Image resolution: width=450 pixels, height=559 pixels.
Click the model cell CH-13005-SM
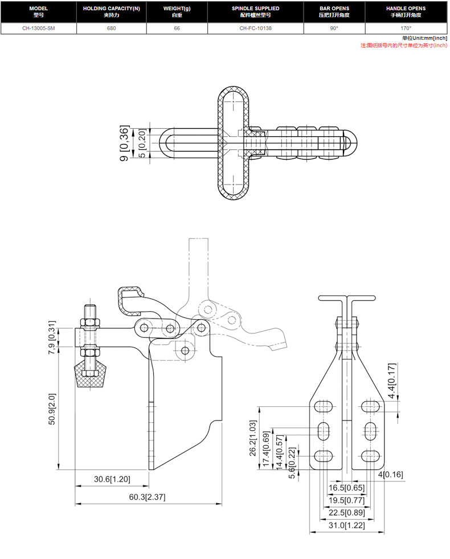tap(39, 28)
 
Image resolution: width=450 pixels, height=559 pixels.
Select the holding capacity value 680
tap(111, 28)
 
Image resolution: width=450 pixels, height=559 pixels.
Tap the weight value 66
tap(177, 28)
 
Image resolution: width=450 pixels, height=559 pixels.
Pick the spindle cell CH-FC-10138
tap(255, 28)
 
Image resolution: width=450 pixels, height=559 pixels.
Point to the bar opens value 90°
tap(334, 28)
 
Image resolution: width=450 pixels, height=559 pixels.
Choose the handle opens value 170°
tap(406, 28)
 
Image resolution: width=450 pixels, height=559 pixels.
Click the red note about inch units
tap(404, 45)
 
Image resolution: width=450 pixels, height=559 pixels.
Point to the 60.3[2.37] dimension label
tap(147, 497)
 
